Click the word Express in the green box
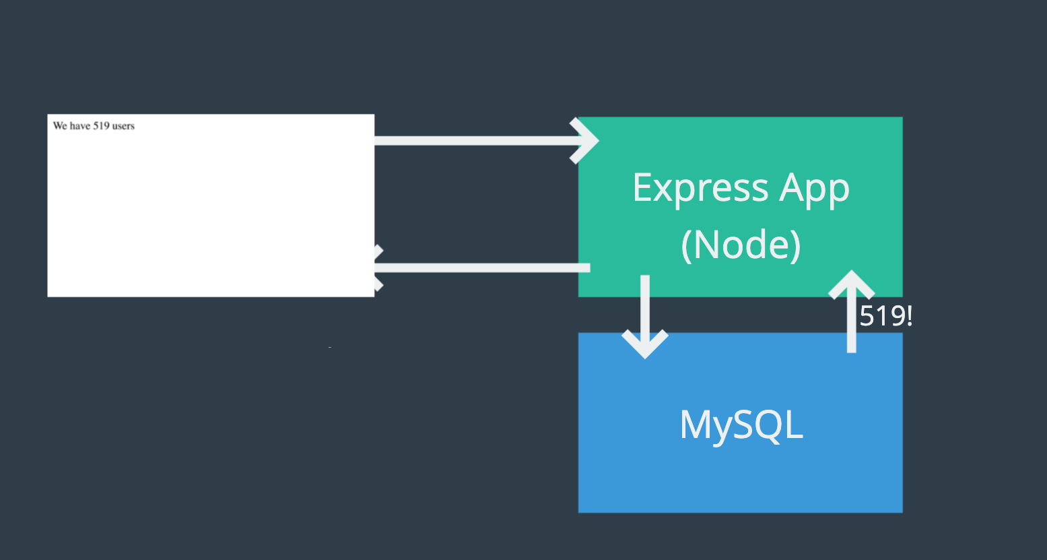[x=700, y=188]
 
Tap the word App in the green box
[x=815, y=188]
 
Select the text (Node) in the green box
[x=741, y=244]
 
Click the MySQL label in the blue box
[x=741, y=425]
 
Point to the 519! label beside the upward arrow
[x=886, y=316]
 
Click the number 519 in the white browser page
[x=101, y=126]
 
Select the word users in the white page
[x=123, y=126]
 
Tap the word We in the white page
[x=60, y=126]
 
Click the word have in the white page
[x=80, y=126]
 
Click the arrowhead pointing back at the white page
[x=376, y=268]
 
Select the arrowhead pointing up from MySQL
[x=851, y=283]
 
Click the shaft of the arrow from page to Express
[x=471, y=141]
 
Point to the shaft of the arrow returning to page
[x=485, y=268]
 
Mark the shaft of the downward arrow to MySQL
[x=645, y=303]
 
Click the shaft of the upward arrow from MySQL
[x=851, y=323]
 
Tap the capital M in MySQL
[x=694, y=425]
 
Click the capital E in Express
[x=643, y=188]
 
